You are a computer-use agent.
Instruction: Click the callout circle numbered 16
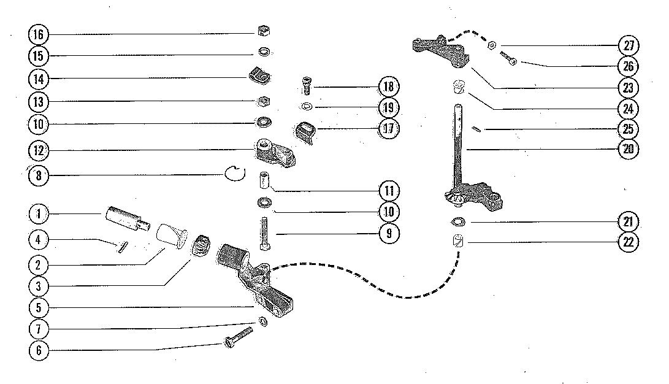tap(39, 34)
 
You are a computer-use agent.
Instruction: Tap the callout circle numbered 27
tap(629, 45)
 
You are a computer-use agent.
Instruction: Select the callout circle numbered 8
tap(39, 176)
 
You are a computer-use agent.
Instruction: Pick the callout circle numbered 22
tap(629, 242)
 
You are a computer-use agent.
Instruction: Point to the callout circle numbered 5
tap(39, 307)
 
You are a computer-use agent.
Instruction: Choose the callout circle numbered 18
tap(389, 86)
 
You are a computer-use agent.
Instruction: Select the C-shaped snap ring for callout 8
tap(232, 175)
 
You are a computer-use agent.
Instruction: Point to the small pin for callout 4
tap(121, 247)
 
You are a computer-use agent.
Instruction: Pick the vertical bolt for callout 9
tap(264, 233)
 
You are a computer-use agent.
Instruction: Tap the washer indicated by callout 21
tap(457, 221)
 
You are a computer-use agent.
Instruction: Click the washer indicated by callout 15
tap(265, 52)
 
